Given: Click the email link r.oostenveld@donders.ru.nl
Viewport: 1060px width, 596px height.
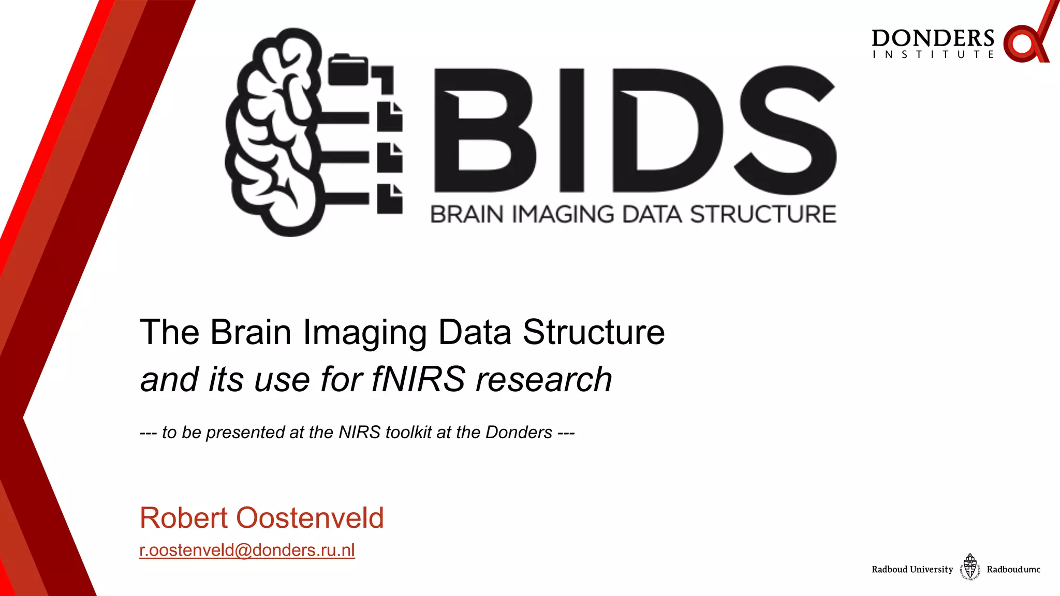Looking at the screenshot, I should tap(247, 550).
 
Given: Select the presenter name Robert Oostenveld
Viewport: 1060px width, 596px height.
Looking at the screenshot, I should tap(261, 518).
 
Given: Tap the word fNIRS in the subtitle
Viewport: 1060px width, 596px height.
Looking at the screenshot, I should tap(418, 379).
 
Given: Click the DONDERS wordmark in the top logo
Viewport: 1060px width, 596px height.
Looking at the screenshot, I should tap(933, 38).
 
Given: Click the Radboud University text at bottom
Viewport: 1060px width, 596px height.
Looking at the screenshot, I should tap(912, 570).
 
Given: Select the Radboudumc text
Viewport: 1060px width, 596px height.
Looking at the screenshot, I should tap(1013, 570).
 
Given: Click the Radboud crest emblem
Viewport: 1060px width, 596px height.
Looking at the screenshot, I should tap(970, 567).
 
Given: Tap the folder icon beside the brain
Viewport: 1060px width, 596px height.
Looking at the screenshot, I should tap(348, 70).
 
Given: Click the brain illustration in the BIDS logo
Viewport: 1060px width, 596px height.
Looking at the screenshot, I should tap(274, 132).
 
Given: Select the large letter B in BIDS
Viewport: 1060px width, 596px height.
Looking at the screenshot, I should tap(484, 130).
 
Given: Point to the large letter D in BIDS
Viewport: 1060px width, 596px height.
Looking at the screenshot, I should tap(668, 130).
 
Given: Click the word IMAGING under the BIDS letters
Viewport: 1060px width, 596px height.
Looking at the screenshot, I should tap(563, 214).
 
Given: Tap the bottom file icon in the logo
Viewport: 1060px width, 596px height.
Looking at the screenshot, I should tap(389, 199).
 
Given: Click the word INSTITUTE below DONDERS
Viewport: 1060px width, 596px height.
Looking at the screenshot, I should tap(933, 54).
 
